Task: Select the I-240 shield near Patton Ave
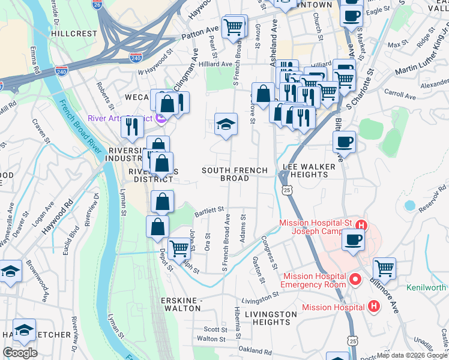pyautogui.click(x=136, y=58)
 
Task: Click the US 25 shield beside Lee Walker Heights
pyautogui.click(x=288, y=190)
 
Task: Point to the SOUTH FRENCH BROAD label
pyautogui.click(x=234, y=175)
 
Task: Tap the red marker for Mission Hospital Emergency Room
pyautogui.click(x=355, y=280)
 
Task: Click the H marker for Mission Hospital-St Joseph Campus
pyautogui.click(x=361, y=226)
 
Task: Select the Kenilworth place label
pyautogui.click(x=427, y=287)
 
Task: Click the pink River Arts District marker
pyautogui.click(x=161, y=119)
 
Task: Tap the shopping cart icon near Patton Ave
pyautogui.click(x=232, y=26)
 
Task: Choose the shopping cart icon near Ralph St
pyautogui.click(x=179, y=247)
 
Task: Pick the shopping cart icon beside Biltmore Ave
pyautogui.click(x=384, y=268)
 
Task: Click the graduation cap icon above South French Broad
pyautogui.click(x=226, y=124)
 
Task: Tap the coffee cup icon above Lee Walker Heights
pyautogui.click(x=345, y=142)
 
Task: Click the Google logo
pyautogui.click(x=20, y=353)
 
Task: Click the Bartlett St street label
pyautogui.click(x=208, y=211)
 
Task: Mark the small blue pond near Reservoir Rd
pyautogui.click(x=409, y=205)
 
